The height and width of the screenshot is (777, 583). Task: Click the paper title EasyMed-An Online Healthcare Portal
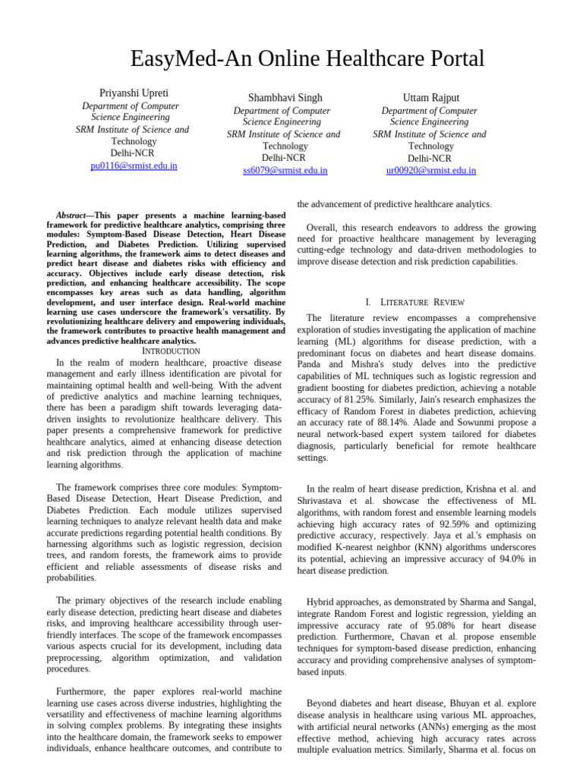coord(307,58)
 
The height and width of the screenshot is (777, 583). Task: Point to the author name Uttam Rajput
coord(431,98)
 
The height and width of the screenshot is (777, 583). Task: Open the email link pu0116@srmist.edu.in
coord(134,165)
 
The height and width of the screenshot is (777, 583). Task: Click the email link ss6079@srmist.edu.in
coord(285,171)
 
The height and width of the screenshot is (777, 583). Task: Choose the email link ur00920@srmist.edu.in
coord(431,171)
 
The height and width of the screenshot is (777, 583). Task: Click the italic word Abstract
coord(74,215)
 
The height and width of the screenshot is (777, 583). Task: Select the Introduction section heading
coord(172,351)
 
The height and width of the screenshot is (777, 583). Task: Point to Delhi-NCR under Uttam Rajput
coord(430,159)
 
